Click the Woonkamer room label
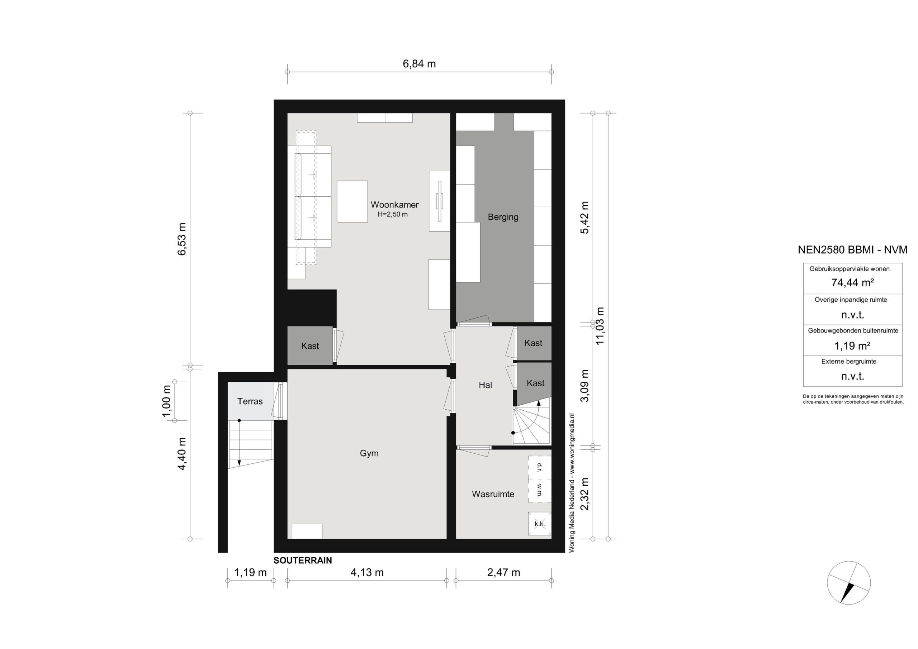pyautogui.click(x=394, y=205)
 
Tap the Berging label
pyautogui.click(x=503, y=217)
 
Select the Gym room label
pyautogui.click(x=369, y=453)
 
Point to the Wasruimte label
pyautogui.click(x=493, y=494)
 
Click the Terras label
pyautogui.click(x=250, y=401)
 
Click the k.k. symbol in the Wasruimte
pyautogui.click(x=539, y=524)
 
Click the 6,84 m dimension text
pyautogui.click(x=419, y=64)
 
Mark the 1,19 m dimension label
pyautogui.click(x=250, y=573)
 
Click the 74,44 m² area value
pyautogui.click(x=852, y=282)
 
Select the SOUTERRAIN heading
pyautogui.click(x=303, y=560)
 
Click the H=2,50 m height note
pyautogui.click(x=393, y=214)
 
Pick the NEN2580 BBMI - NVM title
pyautogui.click(x=852, y=250)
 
